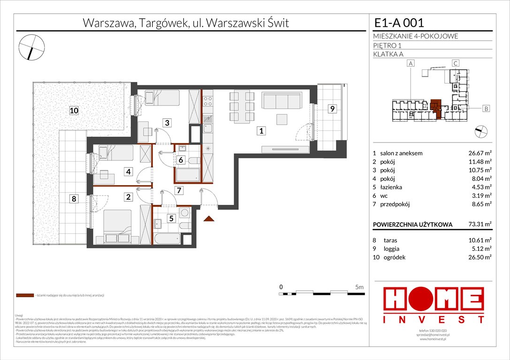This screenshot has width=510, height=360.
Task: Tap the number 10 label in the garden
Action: click(73, 111)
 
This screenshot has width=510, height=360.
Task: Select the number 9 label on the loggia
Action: click(332, 109)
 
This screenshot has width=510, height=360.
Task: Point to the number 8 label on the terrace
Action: click(74, 198)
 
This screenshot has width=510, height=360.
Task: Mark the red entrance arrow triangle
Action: click(209, 217)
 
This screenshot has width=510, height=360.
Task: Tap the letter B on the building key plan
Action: click(486, 109)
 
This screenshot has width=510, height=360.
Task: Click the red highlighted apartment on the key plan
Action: click(436, 108)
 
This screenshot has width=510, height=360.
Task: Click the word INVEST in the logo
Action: click(434, 319)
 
